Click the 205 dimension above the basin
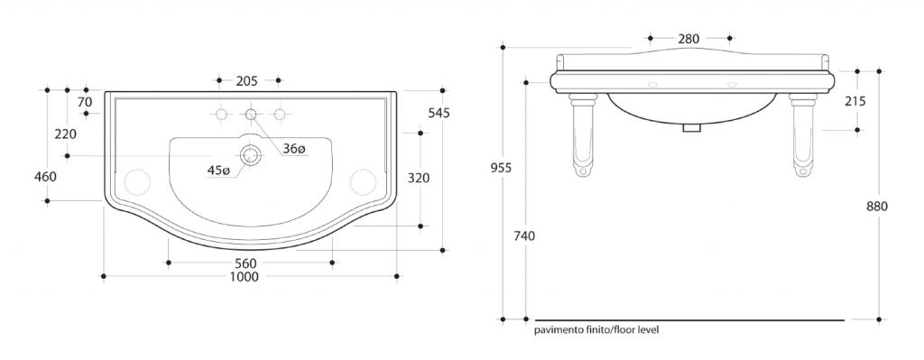[247, 80]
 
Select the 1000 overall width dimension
[244, 277]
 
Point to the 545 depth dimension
[439, 113]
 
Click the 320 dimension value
[419, 178]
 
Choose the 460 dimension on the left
[45, 176]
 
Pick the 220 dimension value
[65, 134]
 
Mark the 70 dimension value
[85, 102]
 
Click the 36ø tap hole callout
[294, 149]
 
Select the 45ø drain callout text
[218, 171]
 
